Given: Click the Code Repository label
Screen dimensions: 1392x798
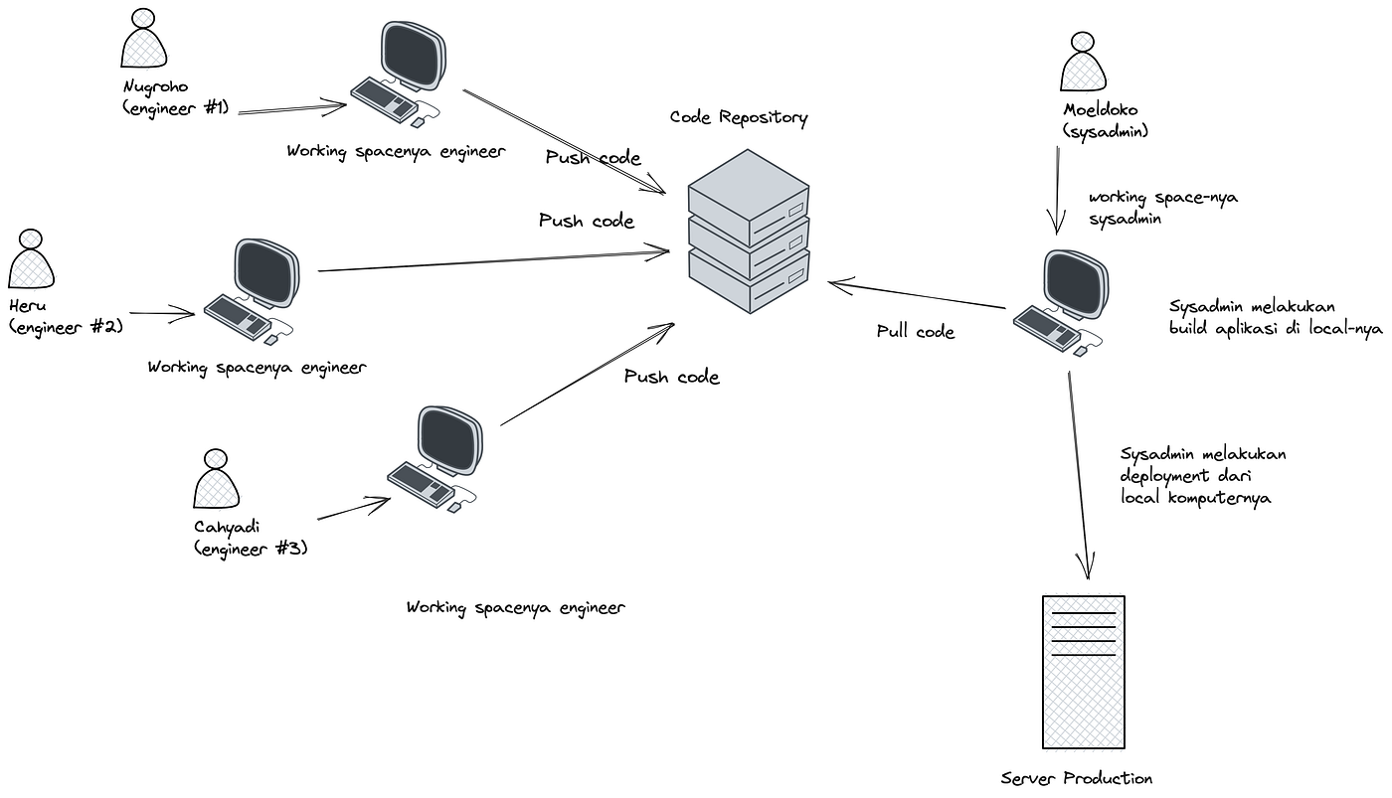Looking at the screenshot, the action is pos(739,118).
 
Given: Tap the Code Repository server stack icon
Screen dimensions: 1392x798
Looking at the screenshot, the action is pos(749,231).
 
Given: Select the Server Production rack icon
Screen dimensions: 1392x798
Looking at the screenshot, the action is pos(1083,672).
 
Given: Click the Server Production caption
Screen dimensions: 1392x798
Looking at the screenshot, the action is pos(1076,779).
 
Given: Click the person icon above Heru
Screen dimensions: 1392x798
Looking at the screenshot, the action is pos(31,259).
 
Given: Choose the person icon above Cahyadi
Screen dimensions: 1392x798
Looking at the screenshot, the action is pos(216,479).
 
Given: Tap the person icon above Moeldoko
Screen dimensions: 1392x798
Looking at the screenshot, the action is pos(1083,62).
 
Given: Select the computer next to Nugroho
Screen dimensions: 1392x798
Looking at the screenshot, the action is pos(399,74).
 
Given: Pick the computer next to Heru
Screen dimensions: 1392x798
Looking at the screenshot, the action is pos(253,291).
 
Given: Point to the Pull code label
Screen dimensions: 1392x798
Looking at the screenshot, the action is pos(916,332).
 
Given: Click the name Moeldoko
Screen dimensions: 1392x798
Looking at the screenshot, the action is pos(1100,110).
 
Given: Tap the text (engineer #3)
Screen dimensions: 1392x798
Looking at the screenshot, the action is pos(251,550).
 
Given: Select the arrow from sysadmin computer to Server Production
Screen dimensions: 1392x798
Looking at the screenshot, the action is pos(1078,475).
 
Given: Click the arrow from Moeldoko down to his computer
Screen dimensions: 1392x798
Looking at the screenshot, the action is pos(1057,191).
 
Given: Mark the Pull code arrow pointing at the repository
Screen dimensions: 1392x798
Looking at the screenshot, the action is pos(917,294).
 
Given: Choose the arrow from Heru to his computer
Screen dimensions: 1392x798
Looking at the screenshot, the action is pos(162,314).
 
